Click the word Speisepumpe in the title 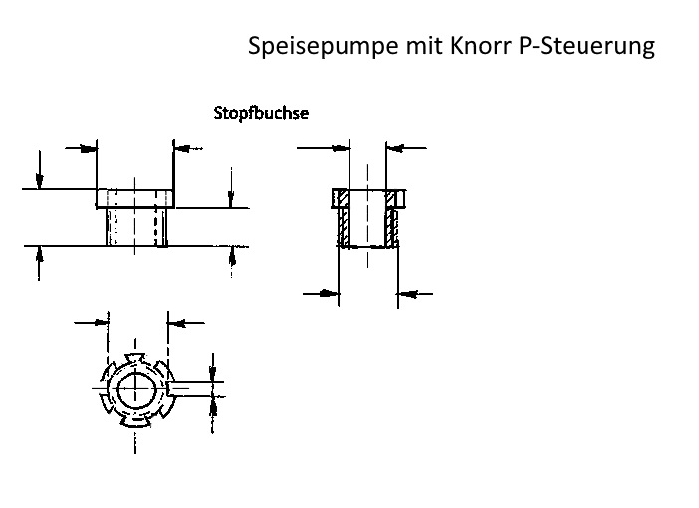tap(324, 46)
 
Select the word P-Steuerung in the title tap(587, 47)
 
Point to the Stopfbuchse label tap(261, 113)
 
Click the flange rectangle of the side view tap(135, 198)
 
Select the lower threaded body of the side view tap(136, 227)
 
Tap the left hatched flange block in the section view tap(341, 198)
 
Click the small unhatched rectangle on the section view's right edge tap(400, 198)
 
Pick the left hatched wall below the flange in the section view tap(344, 227)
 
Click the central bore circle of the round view tap(136, 389)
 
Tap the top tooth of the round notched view tap(135, 358)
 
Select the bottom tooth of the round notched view tap(135, 422)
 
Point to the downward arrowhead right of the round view tap(213, 371)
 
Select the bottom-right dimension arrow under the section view tap(415, 294)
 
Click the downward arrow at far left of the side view tap(39, 170)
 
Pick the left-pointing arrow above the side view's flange tap(188, 148)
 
